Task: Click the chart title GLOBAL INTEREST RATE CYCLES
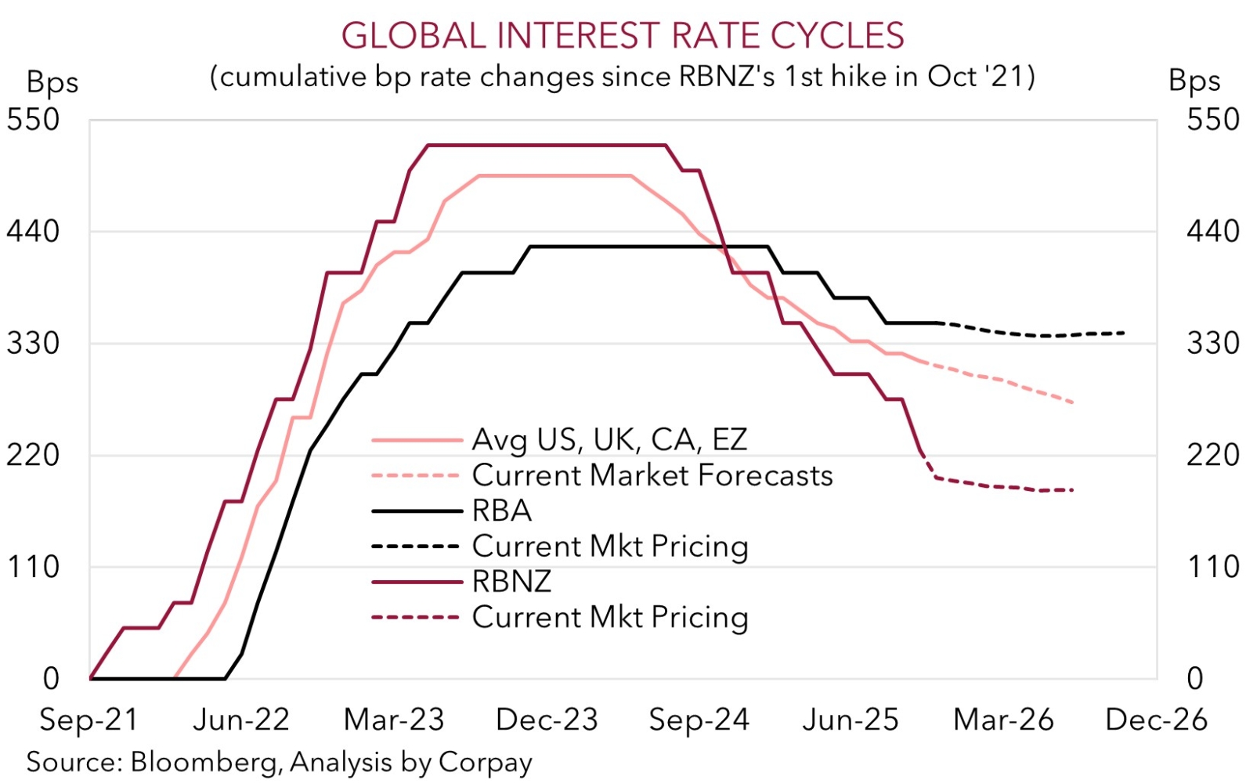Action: coord(623,36)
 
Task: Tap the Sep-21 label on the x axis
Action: coord(88,720)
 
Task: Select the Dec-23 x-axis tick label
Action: coord(547,720)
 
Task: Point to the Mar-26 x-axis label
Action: coord(1003,720)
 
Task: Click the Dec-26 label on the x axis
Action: coord(1156,720)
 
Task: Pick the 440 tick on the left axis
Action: coord(33,232)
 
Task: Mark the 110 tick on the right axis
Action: coord(1213,567)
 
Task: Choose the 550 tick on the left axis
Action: coord(33,120)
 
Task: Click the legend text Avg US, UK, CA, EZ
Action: coord(609,440)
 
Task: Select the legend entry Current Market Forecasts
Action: coord(652,475)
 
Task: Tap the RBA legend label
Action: coord(502,511)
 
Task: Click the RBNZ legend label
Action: coord(511,582)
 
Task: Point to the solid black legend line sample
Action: coord(416,511)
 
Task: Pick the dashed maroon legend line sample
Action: coord(416,618)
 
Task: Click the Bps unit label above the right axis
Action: coord(1194,81)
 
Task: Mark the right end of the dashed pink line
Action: coord(1072,402)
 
